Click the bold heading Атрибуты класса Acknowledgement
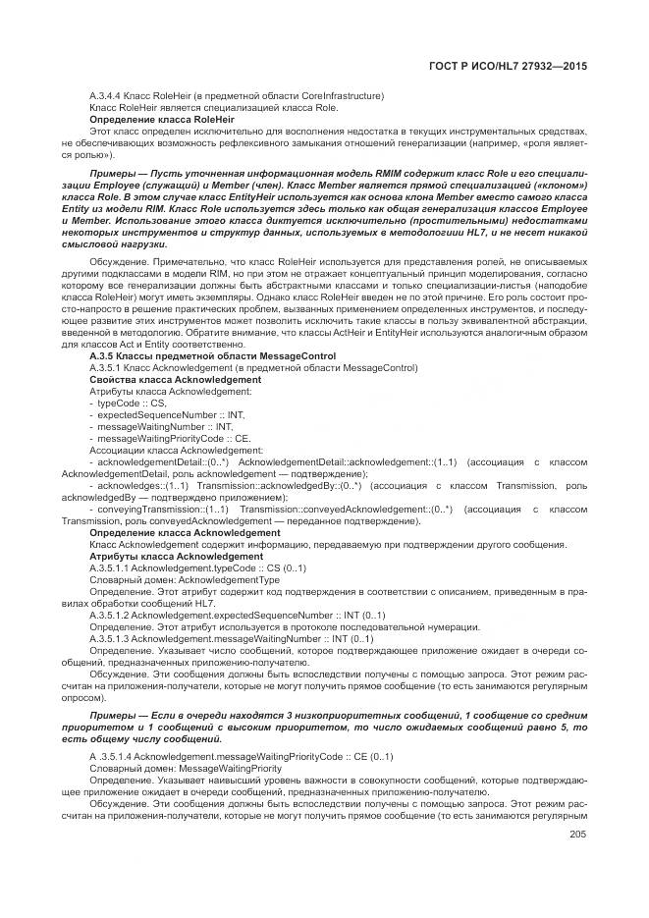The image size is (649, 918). (x=169, y=556)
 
